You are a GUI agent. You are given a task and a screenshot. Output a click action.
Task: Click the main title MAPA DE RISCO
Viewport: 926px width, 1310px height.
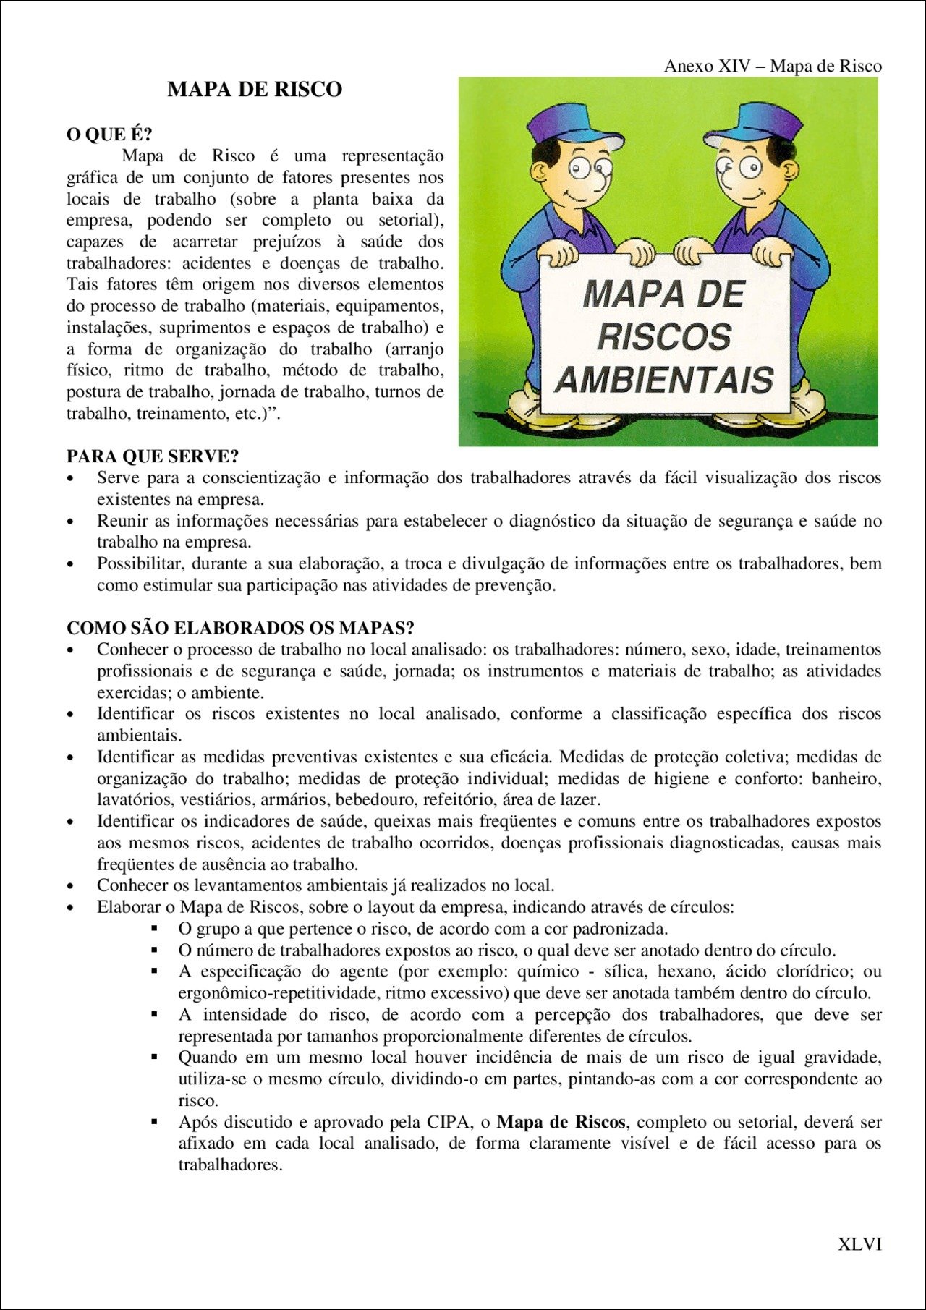coord(255,90)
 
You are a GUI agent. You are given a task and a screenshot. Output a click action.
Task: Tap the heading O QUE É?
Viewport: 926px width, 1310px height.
coord(109,135)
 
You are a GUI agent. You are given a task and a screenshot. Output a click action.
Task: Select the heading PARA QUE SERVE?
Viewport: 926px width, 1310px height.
coord(153,456)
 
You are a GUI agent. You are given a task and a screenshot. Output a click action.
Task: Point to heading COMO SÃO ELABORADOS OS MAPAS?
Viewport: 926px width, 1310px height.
coord(240,628)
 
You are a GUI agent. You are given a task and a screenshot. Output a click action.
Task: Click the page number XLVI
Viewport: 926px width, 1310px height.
coord(859,1244)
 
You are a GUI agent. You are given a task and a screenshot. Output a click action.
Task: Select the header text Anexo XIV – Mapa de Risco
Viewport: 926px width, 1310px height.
coord(773,66)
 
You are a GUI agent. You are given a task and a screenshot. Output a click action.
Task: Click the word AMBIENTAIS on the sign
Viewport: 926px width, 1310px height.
coord(665,380)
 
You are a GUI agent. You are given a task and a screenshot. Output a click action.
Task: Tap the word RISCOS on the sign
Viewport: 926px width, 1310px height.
coord(663,337)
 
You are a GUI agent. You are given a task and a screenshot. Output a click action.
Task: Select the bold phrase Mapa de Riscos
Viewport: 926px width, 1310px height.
coord(561,1122)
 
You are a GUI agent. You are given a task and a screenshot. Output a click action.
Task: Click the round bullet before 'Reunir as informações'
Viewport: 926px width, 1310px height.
coord(71,522)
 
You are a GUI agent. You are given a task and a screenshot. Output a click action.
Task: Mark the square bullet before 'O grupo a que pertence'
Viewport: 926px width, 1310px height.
coord(154,928)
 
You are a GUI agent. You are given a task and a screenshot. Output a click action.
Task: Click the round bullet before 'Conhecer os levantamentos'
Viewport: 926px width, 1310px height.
coord(71,887)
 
